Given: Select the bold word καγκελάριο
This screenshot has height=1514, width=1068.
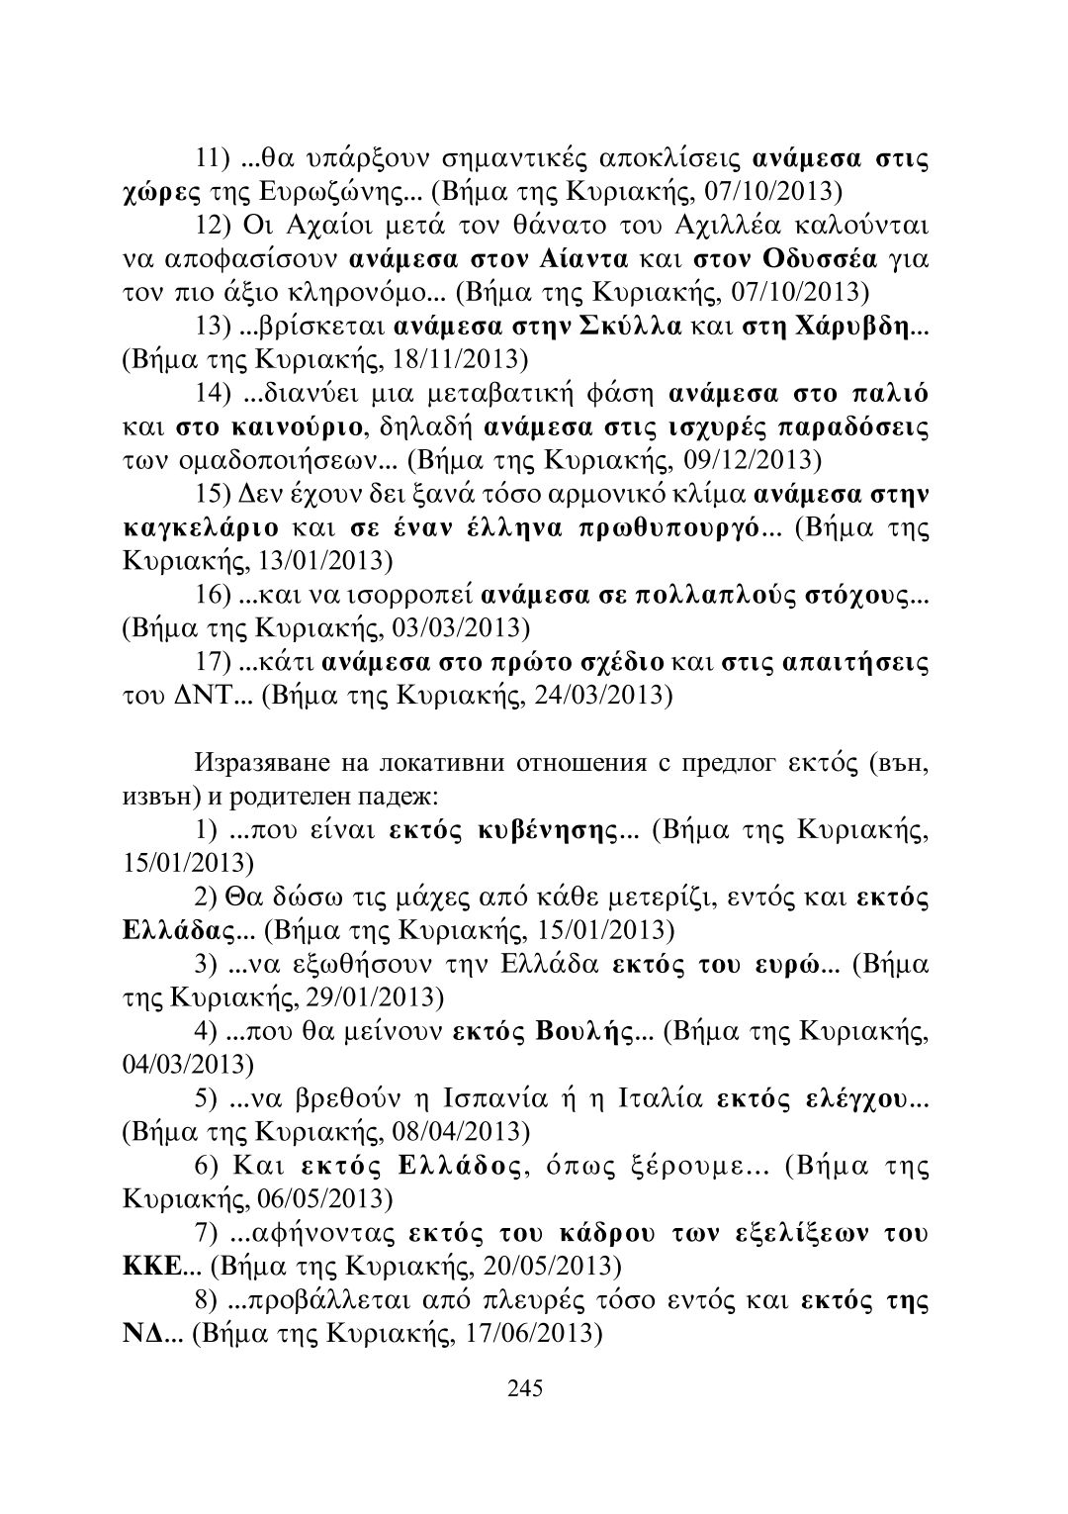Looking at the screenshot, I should coord(212,525).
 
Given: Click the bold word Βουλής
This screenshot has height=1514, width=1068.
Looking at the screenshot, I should coord(583,1032).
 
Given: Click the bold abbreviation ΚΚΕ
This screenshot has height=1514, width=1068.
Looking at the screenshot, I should coord(150,1264).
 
